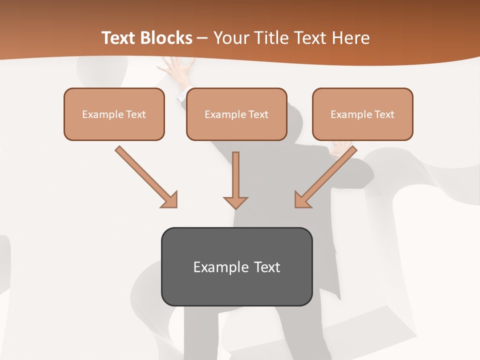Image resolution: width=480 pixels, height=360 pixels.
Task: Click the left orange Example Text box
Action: (114, 114)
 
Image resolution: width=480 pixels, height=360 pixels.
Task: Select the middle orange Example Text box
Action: (236, 114)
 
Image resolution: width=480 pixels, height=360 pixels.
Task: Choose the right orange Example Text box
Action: (362, 114)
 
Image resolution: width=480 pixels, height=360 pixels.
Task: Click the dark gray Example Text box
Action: (236, 266)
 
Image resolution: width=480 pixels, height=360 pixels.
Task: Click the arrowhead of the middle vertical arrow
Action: (235, 202)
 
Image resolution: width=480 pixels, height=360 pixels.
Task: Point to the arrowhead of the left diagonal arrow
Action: (170, 200)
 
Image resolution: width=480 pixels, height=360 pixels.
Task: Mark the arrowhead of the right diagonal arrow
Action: (302, 200)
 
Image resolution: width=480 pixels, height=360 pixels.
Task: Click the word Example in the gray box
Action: (217, 267)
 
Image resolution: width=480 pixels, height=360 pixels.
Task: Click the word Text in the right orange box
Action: (383, 114)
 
